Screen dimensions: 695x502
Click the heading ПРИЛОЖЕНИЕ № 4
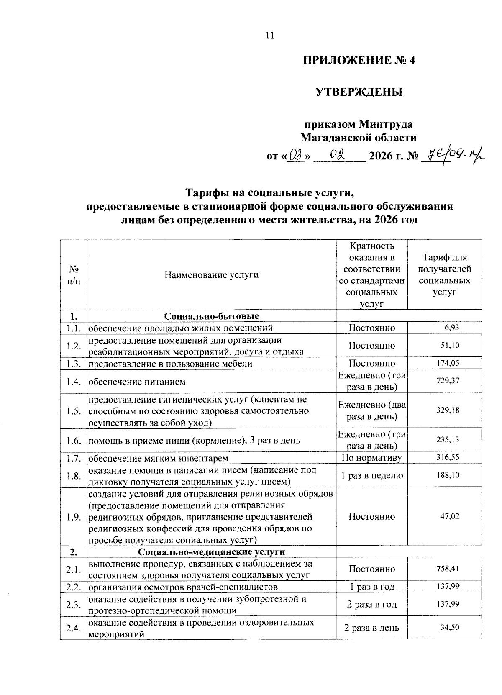pyautogui.click(x=359, y=60)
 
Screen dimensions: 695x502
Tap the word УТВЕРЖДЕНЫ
pyautogui.click(x=359, y=92)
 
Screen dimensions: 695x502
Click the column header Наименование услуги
pyautogui.click(x=211, y=275)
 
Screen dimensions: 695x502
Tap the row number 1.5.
pyautogui.click(x=73, y=411)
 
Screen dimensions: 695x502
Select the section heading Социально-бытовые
pyautogui.click(x=211, y=316)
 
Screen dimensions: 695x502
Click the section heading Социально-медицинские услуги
pyautogui.click(x=211, y=552)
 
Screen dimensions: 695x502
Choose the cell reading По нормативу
pyautogui.click(x=371, y=458)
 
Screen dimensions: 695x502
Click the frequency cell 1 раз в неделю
pyautogui.click(x=371, y=475)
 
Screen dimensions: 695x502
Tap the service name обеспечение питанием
pyautogui.click(x=137, y=382)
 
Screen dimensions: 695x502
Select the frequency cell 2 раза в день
pyautogui.click(x=371, y=628)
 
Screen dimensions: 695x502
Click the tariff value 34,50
pyautogui.click(x=450, y=628)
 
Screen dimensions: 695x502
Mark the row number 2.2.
pyautogui.click(x=73, y=587)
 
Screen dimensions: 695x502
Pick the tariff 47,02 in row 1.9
pyautogui.click(x=450, y=516)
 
